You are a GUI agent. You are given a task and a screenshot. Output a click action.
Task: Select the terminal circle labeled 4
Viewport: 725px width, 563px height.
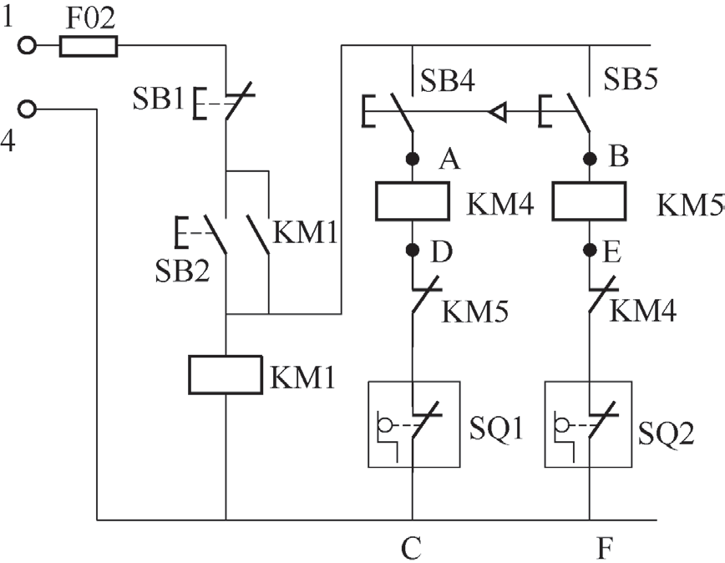(28, 109)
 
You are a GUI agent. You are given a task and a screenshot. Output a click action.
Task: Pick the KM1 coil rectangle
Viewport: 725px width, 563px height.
(226, 374)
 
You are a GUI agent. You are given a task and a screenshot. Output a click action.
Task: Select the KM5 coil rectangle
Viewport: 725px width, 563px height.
(590, 200)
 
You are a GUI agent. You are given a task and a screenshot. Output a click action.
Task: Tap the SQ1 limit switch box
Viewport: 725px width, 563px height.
(413, 424)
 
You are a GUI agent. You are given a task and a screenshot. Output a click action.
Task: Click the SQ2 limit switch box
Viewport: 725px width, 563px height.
(589, 424)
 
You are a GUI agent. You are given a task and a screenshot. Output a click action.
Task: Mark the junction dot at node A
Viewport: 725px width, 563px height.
(412, 157)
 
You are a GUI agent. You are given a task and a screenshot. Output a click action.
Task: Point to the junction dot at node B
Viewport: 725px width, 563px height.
(590, 157)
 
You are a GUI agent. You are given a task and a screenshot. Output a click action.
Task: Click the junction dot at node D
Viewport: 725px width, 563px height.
(412, 249)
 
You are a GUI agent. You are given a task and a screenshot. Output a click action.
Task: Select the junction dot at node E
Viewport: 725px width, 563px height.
(590, 249)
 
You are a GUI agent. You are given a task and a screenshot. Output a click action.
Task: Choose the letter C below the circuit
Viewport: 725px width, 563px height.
(411, 549)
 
